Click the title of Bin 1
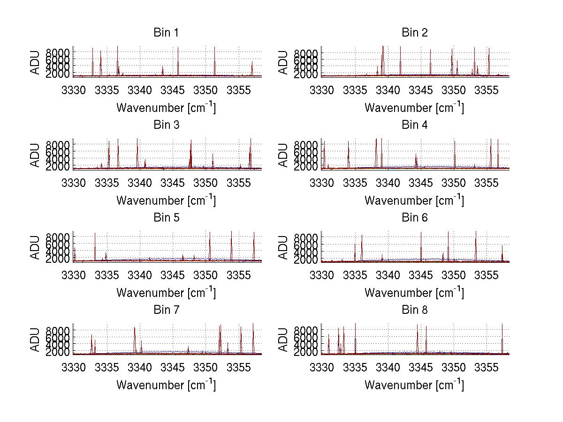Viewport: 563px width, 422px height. point(166,33)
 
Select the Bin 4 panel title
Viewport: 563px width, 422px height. point(414,125)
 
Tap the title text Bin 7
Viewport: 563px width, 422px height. point(166,310)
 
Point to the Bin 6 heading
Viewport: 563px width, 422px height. point(414,218)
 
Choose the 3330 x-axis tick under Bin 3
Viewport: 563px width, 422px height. point(74,182)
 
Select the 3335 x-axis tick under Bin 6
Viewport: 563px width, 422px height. point(355,275)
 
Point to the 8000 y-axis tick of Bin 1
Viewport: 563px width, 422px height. point(58,52)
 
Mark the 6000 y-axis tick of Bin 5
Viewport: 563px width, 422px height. point(58,244)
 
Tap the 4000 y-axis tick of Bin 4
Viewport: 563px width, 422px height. point(306,159)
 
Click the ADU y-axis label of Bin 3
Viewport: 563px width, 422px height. point(36,155)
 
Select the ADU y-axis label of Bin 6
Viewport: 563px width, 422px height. point(283,247)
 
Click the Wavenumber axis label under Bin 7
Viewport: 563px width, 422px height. point(166,385)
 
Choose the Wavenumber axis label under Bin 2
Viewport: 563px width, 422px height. point(414,108)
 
